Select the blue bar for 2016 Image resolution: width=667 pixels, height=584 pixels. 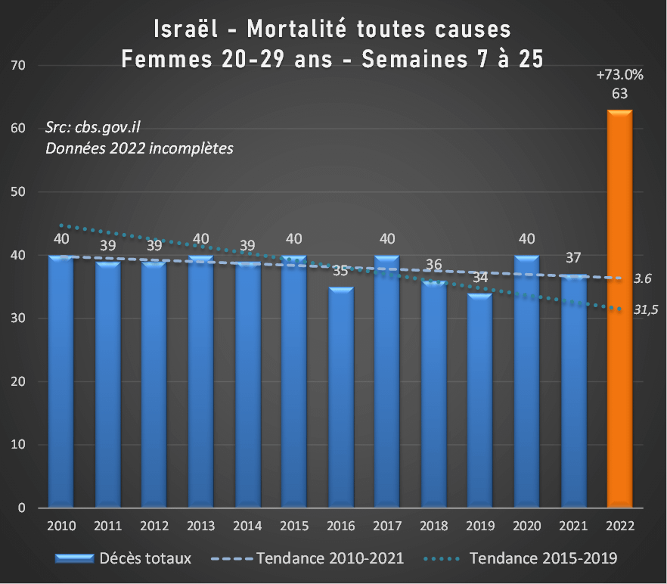(x=340, y=397)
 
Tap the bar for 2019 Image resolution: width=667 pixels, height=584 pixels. (x=480, y=400)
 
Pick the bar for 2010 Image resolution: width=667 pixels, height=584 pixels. (x=60, y=381)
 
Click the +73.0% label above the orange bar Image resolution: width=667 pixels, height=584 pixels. (x=619, y=75)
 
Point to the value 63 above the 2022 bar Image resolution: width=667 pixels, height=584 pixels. (x=620, y=94)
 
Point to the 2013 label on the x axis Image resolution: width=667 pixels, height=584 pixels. (x=200, y=525)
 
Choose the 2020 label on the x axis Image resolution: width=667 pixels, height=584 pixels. (x=526, y=525)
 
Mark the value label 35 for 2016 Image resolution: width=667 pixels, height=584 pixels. (x=340, y=271)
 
